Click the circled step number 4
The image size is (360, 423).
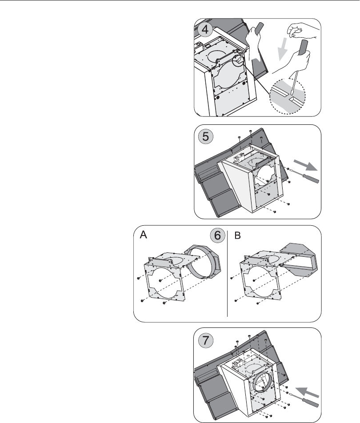(x=205, y=30)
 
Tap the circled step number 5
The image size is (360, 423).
(x=206, y=136)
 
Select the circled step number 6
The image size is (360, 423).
(x=217, y=236)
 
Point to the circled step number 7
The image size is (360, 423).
(x=206, y=340)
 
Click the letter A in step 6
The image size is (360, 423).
(x=143, y=235)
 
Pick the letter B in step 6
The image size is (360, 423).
(x=237, y=235)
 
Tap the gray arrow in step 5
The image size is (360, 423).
(x=305, y=165)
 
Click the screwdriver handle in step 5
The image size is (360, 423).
(x=311, y=179)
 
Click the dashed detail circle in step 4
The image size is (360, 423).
(x=288, y=96)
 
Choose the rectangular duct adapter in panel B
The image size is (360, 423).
(x=297, y=259)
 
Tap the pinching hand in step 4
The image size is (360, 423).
(x=302, y=31)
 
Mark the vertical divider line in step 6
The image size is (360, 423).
(x=227, y=273)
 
